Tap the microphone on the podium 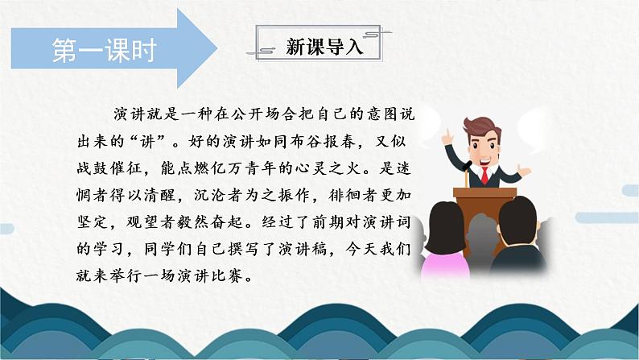click(468, 165)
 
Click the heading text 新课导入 click(320, 46)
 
